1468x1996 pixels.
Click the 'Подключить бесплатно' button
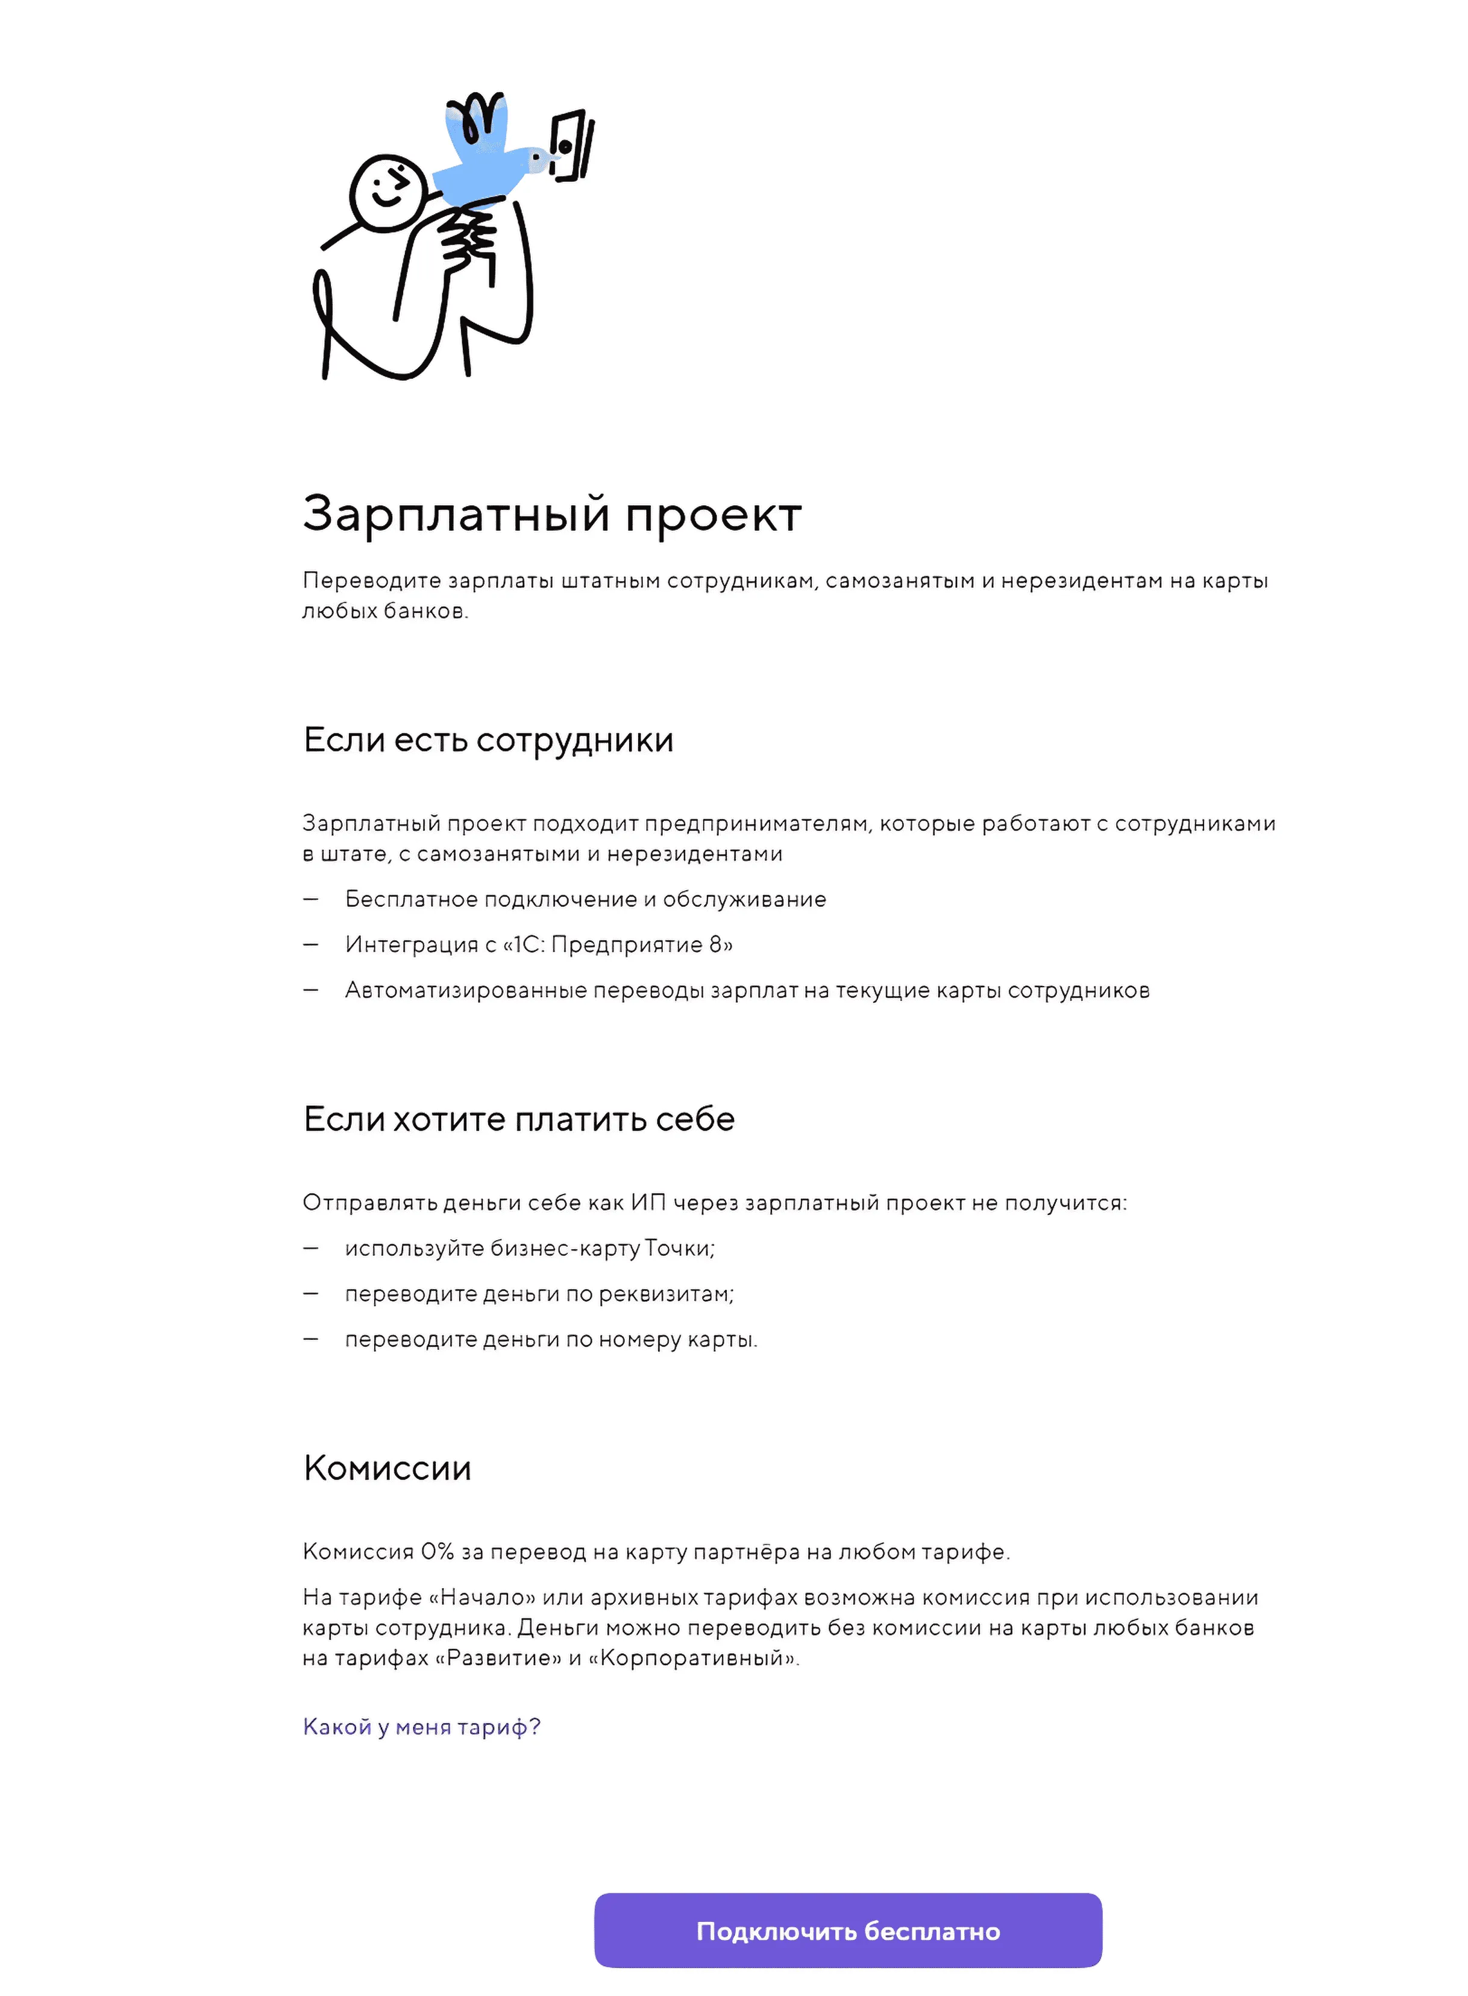[x=848, y=1931]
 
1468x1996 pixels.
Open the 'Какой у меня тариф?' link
[x=421, y=1727]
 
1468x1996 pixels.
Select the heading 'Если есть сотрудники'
[x=488, y=740]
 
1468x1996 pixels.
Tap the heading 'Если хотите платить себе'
[x=519, y=1120]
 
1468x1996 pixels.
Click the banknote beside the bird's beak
[x=571, y=145]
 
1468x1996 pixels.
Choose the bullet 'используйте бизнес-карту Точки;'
[x=530, y=1249]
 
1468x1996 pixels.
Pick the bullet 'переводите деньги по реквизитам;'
[x=539, y=1294]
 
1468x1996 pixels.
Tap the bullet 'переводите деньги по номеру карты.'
[x=551, y=1339]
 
